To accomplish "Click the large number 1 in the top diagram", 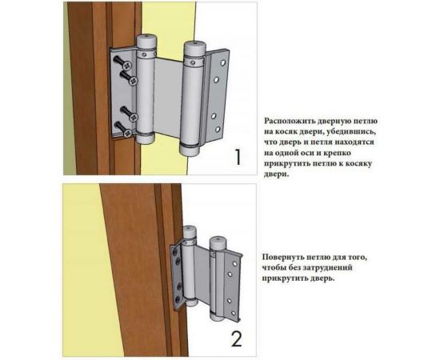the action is (238, 157).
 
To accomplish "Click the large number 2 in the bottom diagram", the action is (236, 338).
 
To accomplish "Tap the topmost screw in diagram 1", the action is (122, 62).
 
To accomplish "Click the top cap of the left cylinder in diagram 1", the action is (146, 42).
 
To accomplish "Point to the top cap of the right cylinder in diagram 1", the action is (194, 48).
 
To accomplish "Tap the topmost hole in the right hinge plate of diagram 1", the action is (223, 63).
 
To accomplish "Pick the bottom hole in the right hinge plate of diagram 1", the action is (218, 130).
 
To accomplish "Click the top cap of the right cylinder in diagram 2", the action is (217, 243).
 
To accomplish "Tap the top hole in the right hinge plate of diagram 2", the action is (234, 264).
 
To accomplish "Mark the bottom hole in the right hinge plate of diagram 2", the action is (233, 313).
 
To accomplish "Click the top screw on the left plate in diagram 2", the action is (175, 252).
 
